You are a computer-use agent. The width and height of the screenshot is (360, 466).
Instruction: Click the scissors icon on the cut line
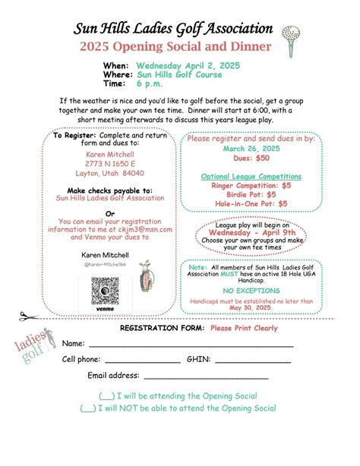pos(27,316)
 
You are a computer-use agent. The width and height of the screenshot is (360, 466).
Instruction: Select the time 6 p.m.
pos(150,84)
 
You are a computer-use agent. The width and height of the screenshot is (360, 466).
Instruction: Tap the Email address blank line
pos(206,376)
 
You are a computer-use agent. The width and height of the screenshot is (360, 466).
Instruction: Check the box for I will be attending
pos(107,396)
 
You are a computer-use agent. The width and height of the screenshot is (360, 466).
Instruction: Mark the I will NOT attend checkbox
pos(87,408)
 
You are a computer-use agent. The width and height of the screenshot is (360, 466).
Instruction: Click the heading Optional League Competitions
pos(251,176)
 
